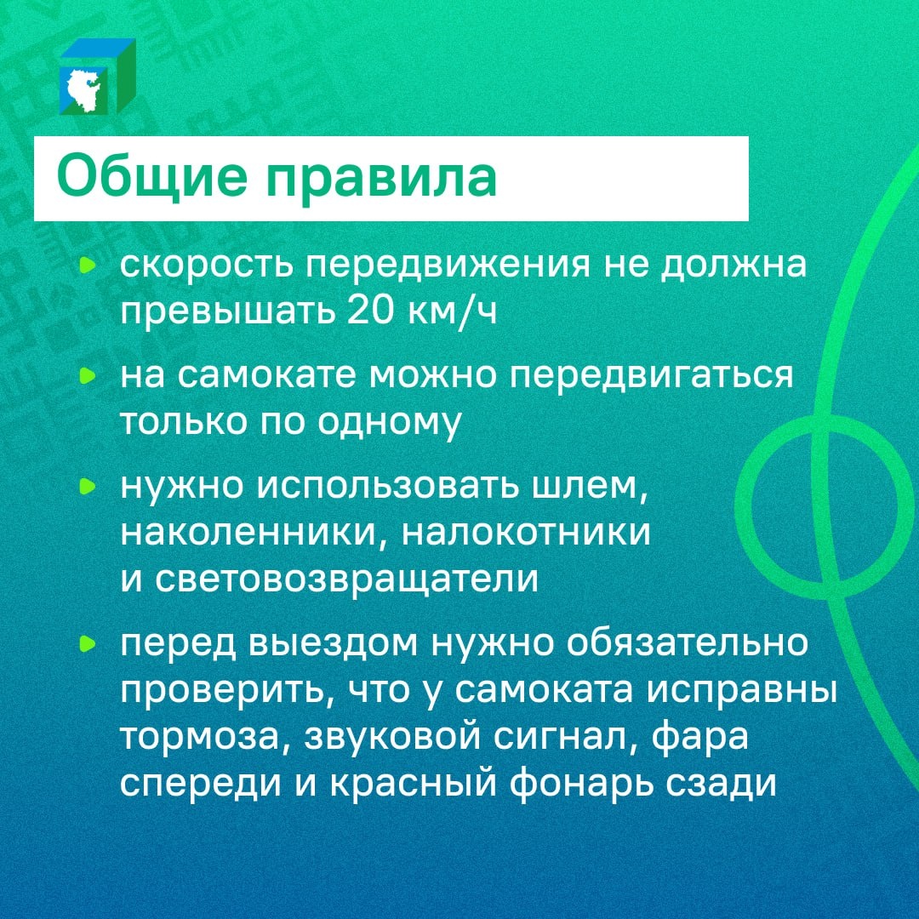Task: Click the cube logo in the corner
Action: click(x=97, y=77)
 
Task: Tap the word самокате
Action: click(x=276, y=376)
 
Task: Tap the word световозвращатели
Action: click(x=347, y=579)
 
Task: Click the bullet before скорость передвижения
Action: click(x=86, y=266)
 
